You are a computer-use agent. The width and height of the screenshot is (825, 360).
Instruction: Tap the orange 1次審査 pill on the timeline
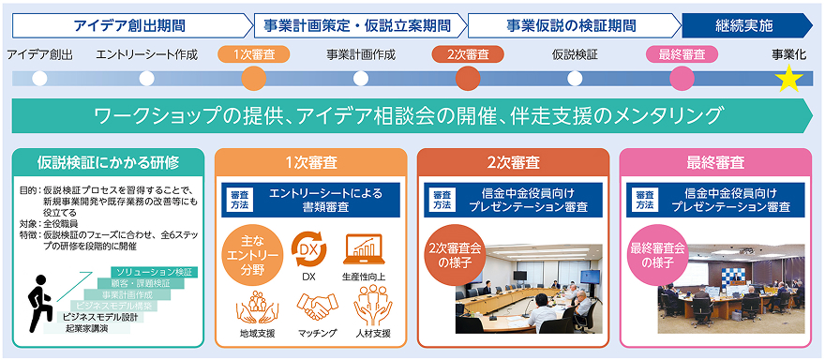point(248,54)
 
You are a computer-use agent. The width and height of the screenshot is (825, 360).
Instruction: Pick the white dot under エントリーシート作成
point(146,78)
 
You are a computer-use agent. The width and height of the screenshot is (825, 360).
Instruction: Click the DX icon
point(308,248)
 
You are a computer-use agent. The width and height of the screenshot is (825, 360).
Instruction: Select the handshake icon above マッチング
point(316,305)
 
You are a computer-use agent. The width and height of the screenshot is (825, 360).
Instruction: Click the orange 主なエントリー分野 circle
point(248,254)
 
